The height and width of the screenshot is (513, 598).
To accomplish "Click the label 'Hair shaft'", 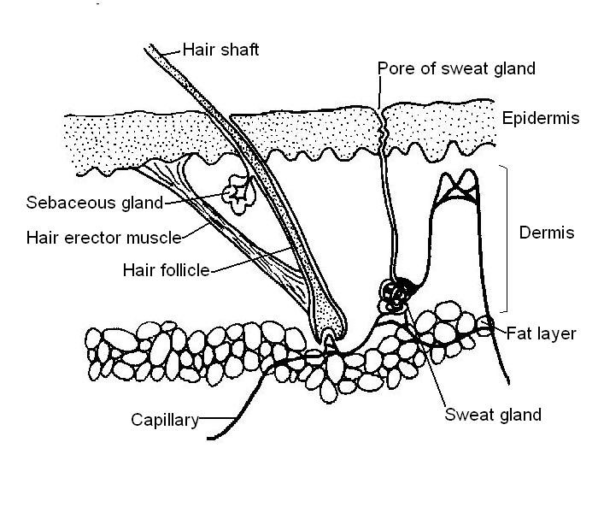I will pyautogui.click(x=220, y=50).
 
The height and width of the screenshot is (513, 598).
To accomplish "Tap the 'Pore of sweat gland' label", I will pyautogui.click(x=456, y=69).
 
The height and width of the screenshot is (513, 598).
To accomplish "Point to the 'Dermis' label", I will pyautogui.click(x=547, y=233).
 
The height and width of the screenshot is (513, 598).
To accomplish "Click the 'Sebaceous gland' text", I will pyautogui.click(x=81, y=203).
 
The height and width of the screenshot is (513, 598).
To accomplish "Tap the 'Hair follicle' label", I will pyautogui.click(x=167, y=270).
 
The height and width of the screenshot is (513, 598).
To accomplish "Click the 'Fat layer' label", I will pyautogui.click(x=541, y=333).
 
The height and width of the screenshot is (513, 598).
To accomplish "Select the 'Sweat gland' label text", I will pyautogui.click(x=493, y=415).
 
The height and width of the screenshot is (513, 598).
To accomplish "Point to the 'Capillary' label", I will pyautogui.click(x=164, y=420).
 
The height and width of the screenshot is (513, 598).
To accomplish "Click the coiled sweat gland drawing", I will pyautogui.click(x=396, y=295).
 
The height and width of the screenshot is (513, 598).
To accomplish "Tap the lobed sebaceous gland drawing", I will pyautogui.click(x=237, y=192).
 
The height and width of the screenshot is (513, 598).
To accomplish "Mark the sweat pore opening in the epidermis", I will pyautogui.click(x=382, y=109).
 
